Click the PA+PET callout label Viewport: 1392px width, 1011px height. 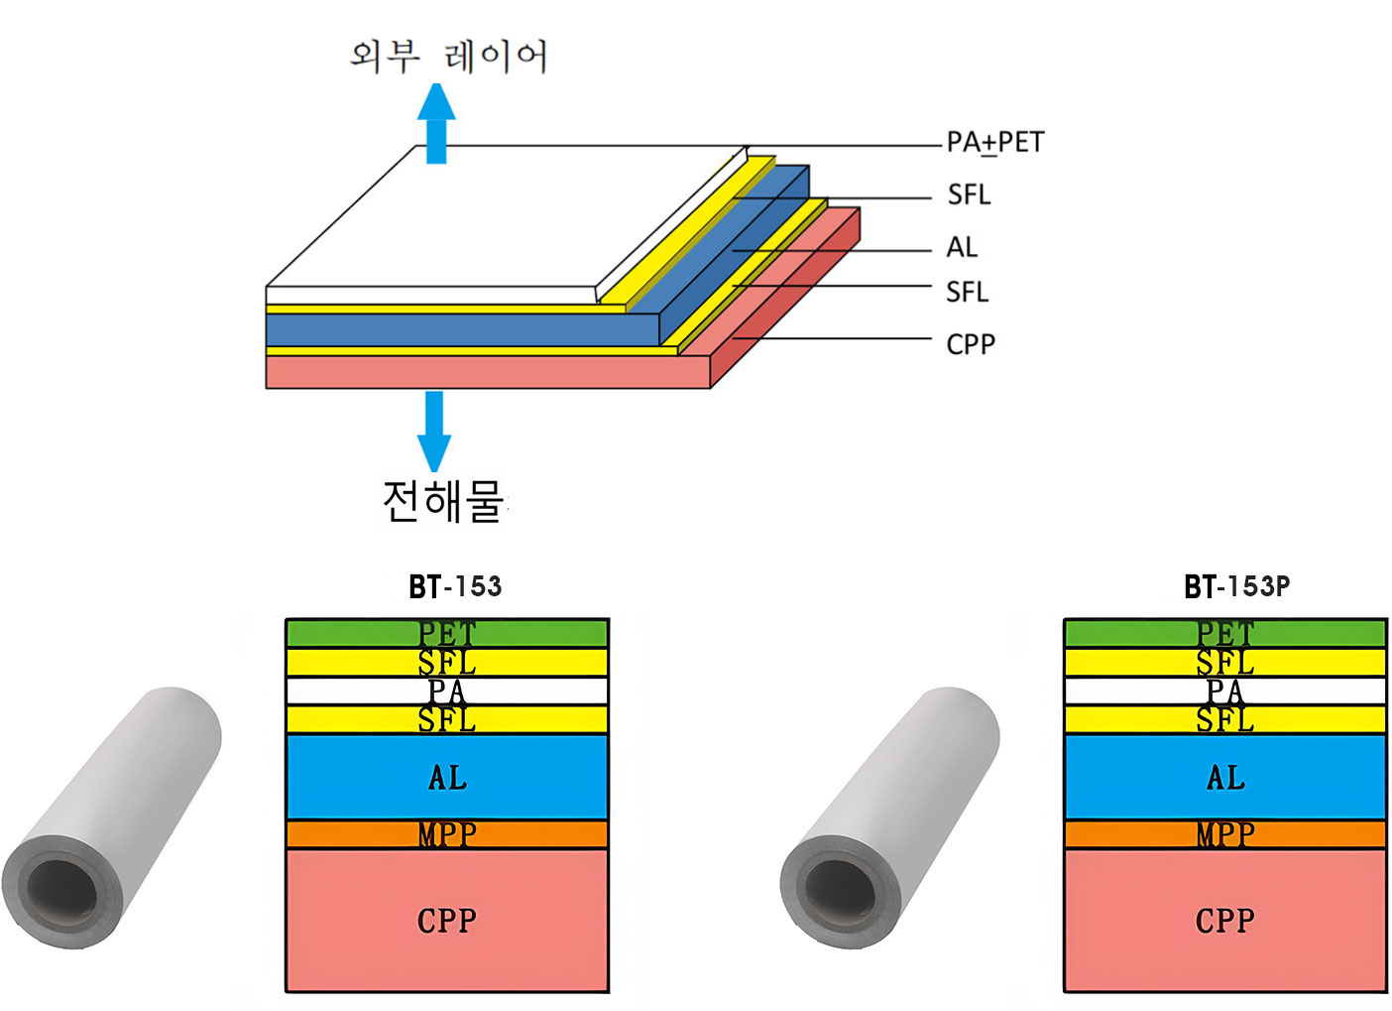(994, 143)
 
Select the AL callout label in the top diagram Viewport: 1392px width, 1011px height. (962, 247)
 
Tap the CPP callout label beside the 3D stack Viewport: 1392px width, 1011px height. (971, 344)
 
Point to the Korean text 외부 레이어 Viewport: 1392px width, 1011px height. (448, 56)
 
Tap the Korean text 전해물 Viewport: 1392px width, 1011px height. (443, 501)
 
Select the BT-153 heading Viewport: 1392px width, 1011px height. (455, 586)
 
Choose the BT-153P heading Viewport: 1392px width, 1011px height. (1236, 586)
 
